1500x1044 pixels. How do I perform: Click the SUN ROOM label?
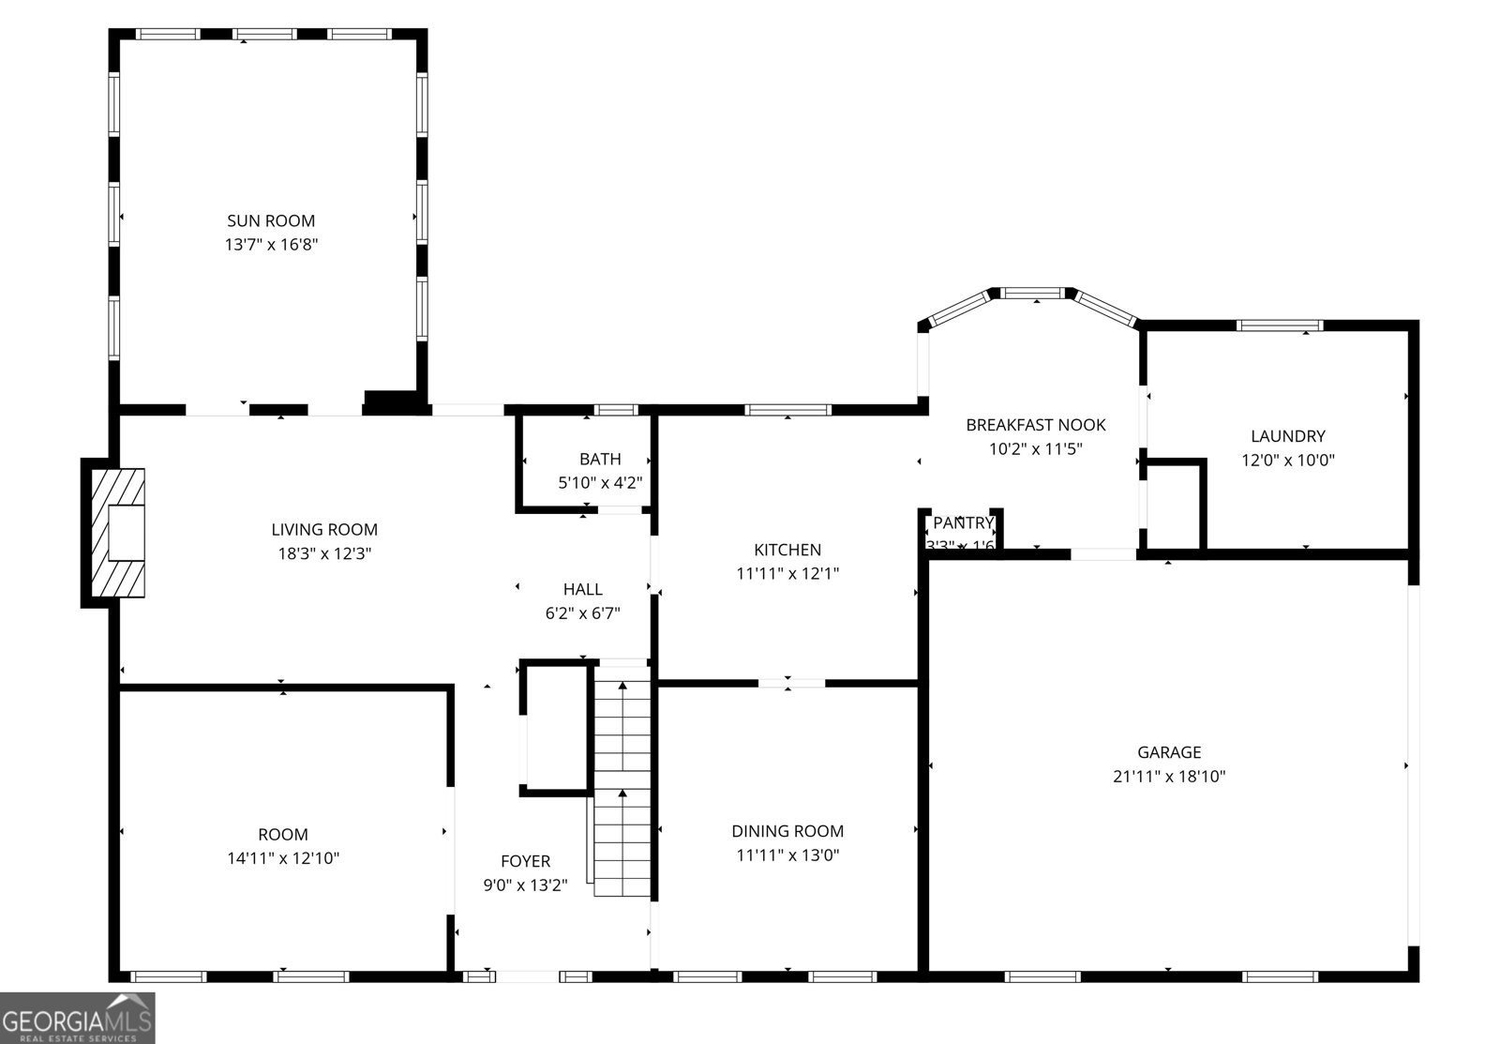pyautogui.click(x=271, y=221)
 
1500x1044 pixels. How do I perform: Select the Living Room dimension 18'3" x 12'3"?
pyautogui.click(x=324, y=554)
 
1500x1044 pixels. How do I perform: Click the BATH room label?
pyautogui.click(x=600, y=460)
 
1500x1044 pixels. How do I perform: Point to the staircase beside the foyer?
pyautogui.click(x=622, y=779)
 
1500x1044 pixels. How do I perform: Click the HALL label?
pyautogui.click(x=582, y=590)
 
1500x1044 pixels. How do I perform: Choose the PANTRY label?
pyautogui.click(x=962, y=523)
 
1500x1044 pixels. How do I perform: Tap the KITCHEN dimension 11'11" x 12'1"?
pyautogui.click(x=787, y=574)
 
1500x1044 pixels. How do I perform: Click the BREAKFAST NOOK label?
pyautogui.click(x=1035, y=425)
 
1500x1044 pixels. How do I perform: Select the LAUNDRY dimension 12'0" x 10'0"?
pyautogui.click(x=1287, y=461)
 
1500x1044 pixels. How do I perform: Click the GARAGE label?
pyautogui.click(x=1168, y=752)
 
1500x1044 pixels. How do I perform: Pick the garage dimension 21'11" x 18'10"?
pyautogui.click(x=1168, y=777)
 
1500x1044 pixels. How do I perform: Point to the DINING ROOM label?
pyautogui.click(x=787, y=831)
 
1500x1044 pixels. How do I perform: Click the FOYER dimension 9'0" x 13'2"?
pyautogui.click(x=525, y=885)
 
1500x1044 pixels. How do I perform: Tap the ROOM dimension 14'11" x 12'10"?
pyautogui.click(x=282, y=858)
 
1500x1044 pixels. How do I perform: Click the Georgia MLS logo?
pyautogui.click(x=77, y=1018)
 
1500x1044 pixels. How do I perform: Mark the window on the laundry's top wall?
pyautogui.click(x=1279, y=325)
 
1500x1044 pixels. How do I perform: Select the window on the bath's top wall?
pyautogui.click(x=617, y=410)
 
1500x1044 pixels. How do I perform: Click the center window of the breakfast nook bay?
pyautogui.click(x=1035, y=294)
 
